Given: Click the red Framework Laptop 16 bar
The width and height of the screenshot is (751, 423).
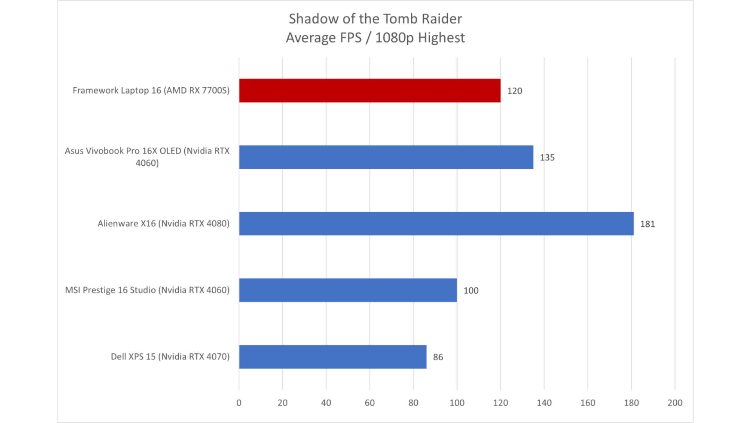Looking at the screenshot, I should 370,90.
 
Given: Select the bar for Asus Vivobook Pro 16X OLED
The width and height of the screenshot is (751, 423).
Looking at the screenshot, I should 386,157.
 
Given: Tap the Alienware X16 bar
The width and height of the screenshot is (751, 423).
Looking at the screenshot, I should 436,224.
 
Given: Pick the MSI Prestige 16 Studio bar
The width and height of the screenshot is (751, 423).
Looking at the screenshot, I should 348,290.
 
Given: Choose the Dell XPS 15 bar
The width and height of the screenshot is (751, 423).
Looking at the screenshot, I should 332,357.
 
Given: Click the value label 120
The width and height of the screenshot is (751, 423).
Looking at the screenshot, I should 514,91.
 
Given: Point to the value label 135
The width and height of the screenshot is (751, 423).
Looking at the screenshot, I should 547,157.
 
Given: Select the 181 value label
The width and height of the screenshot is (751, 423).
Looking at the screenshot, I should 647,224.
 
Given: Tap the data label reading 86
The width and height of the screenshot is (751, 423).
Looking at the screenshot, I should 438,357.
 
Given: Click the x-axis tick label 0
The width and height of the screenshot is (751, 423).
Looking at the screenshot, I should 239,403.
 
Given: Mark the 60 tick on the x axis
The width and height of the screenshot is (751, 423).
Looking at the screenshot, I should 370,403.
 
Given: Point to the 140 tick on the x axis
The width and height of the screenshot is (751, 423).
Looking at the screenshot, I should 544,403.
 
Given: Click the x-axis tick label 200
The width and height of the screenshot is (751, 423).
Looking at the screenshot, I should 675,403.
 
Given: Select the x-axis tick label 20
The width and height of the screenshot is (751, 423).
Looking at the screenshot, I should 282,403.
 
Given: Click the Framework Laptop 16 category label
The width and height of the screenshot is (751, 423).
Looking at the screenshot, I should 151,90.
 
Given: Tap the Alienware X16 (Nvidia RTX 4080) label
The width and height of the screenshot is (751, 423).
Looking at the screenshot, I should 163,224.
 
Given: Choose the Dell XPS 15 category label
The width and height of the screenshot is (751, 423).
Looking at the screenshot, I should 170,357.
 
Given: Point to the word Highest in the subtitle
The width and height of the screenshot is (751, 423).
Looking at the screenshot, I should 441,38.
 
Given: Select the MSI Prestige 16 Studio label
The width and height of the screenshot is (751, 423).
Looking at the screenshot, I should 147,290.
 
